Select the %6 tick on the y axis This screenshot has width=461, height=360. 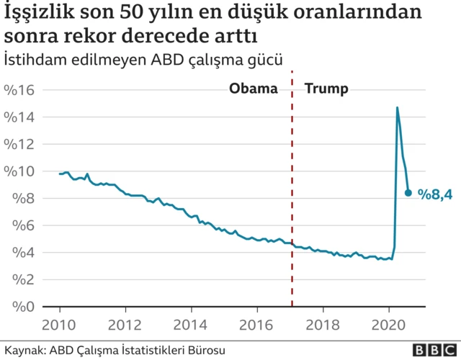22,225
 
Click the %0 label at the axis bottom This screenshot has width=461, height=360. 22,307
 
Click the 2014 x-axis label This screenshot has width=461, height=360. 190,323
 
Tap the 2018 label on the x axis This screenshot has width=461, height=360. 323,323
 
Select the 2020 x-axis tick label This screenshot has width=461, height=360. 389,323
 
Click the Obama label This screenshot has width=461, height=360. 253,89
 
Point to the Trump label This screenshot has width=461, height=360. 327,89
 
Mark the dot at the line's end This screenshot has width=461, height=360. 408,193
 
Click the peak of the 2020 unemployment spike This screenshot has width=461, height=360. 397,108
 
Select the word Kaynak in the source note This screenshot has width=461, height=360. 22,350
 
